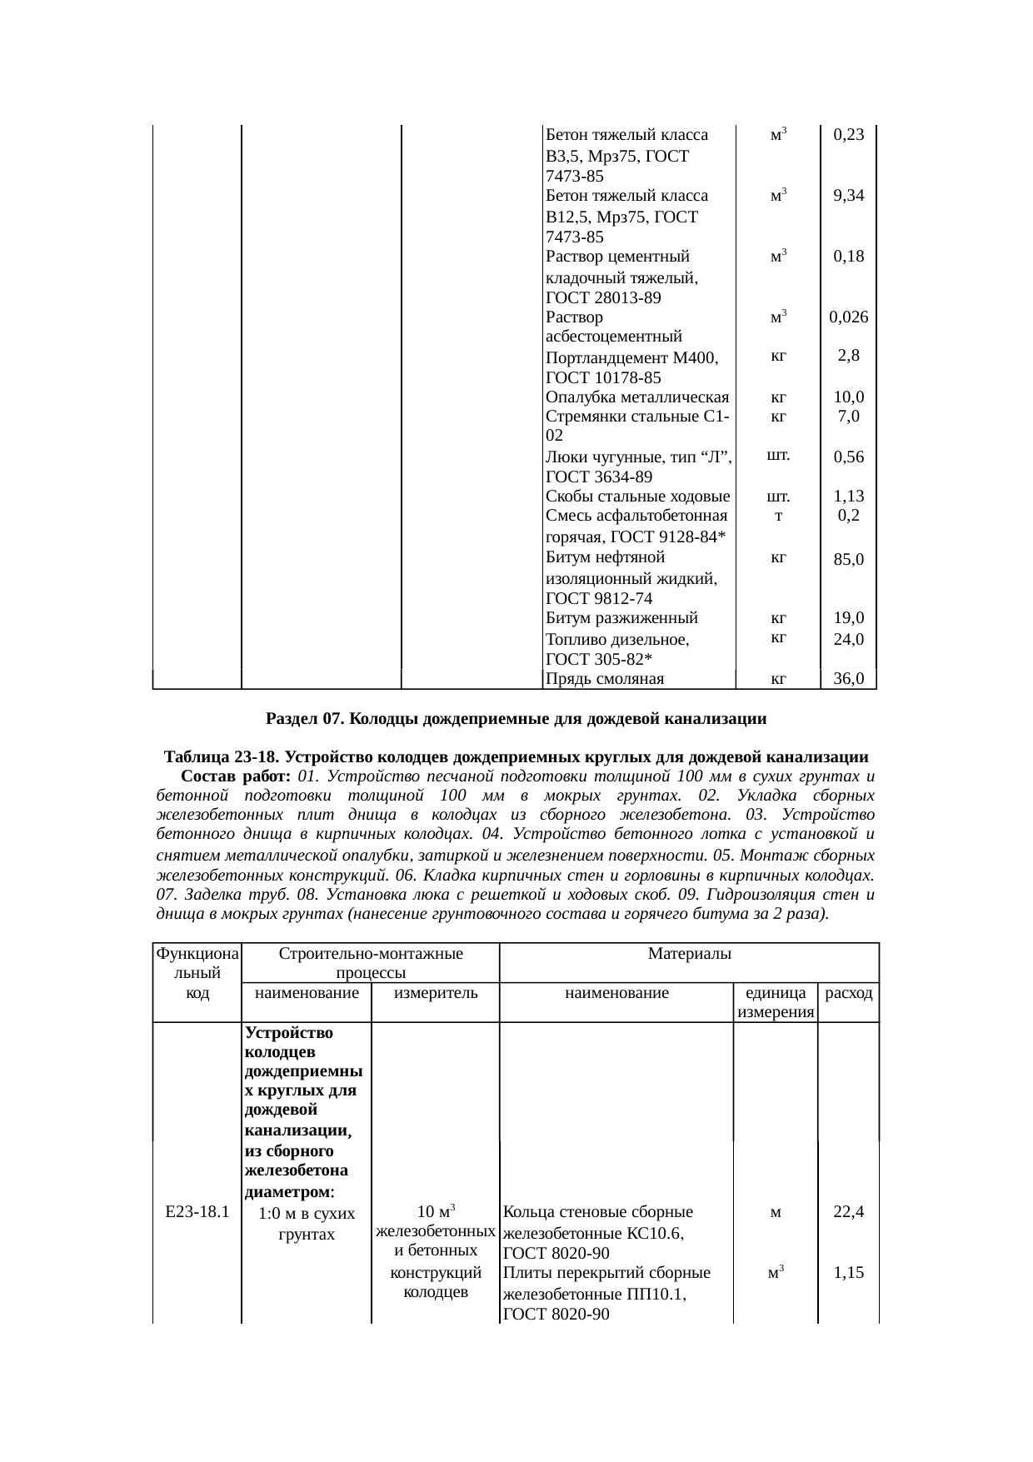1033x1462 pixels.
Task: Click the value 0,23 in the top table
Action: pos(848,135)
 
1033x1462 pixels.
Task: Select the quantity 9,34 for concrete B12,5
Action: pos(848,196)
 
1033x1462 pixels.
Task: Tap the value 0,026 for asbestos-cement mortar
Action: pos(848,317)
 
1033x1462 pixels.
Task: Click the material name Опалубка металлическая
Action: pos(637,397)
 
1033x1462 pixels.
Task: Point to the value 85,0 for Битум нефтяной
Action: pos(848,560)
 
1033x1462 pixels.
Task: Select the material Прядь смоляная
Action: pos(604,679)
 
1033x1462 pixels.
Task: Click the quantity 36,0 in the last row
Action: pos(848,679)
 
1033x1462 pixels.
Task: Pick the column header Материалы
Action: pos(689,954)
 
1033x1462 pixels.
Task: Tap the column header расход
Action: pos(848,993)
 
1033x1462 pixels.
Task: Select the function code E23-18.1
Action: pos(197,1212)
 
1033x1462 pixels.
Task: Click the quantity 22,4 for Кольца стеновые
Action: pos(848,1212)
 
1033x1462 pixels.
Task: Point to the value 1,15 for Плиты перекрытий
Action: pos(848,1273)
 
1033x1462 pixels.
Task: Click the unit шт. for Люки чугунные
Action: pos(777,456)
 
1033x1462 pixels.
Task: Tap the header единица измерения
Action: pos(776,1003)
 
